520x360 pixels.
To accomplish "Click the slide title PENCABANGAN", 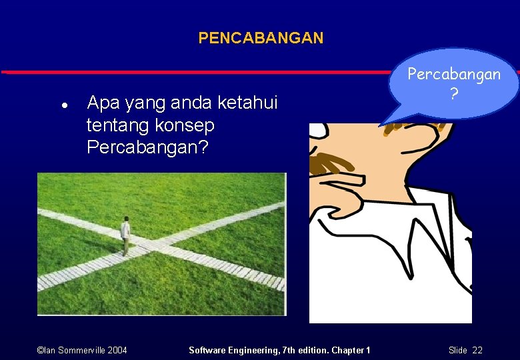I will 261,38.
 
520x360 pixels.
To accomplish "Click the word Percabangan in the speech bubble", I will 454,74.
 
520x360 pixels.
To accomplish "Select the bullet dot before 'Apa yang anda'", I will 62,105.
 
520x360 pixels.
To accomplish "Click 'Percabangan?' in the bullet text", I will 147,147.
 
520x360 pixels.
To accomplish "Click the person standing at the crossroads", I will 125,235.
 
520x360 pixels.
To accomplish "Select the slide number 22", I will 477,350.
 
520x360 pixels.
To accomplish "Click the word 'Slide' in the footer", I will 458,350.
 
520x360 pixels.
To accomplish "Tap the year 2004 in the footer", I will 117,350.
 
